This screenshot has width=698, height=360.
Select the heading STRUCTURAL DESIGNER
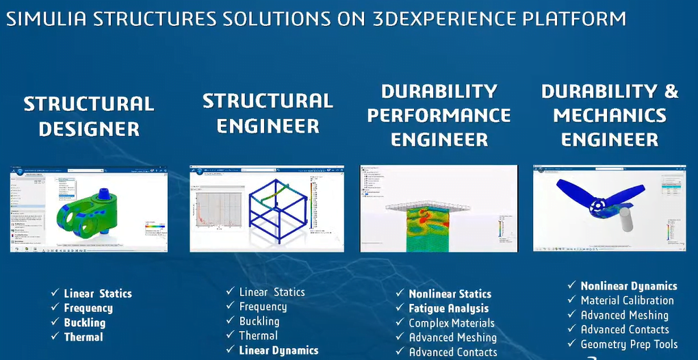(89, 116)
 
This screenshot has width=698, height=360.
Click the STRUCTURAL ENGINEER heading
(268, 114)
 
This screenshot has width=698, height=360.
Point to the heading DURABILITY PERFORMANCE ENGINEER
(439, 115)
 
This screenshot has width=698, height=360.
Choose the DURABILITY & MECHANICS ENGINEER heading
(610, 115)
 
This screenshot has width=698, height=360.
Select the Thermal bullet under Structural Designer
(83, 337)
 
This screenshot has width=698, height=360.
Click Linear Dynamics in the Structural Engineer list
(279, 350)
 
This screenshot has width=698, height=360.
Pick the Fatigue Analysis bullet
(449, 309)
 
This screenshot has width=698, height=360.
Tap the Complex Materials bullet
(452, 323)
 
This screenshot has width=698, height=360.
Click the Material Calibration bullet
(627, 300)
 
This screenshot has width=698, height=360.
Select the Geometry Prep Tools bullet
(629, 344)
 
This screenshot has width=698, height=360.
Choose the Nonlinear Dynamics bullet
(629, 286)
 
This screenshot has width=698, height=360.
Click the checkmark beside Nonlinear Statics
(400, 294)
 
